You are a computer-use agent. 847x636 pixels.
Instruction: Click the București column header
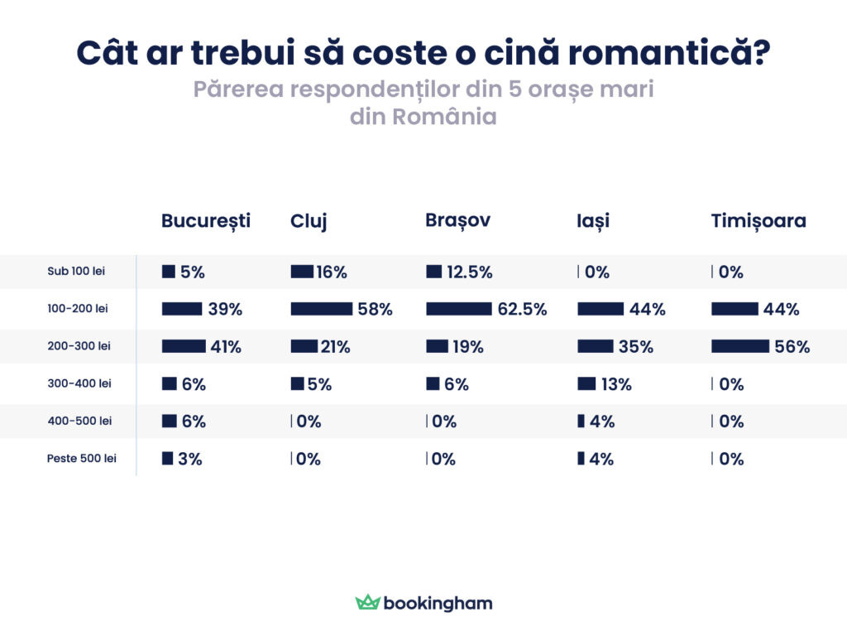(x=205, y=221)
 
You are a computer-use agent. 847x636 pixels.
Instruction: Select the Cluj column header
(x=309, y=221)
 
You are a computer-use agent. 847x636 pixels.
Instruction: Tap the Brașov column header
(x=457, y=220)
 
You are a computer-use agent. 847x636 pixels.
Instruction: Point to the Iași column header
(x=593, y=221)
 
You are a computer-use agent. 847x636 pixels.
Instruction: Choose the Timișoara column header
(x=758, y=221)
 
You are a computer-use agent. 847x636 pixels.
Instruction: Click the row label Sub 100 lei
(x=76, y=271)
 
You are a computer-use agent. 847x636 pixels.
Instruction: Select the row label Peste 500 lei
(x=81, y=459)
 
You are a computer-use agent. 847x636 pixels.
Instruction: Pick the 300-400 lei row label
(x=79, y=383)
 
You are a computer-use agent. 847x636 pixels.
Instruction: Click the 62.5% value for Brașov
(x=522, y=309)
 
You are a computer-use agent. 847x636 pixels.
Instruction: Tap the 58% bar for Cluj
(x=322, y=309)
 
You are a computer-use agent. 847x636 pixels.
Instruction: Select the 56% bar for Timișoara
(x=740, y=346)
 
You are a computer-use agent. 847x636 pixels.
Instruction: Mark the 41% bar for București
(x=184, y=346)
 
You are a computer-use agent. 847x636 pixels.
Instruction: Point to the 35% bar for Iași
(x=596, y=346)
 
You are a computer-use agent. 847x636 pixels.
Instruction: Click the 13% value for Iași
(x=616, y=384)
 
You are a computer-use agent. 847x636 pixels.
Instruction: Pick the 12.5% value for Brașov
(x=469, y=272)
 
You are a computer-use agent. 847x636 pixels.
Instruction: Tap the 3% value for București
(x=189, y=459)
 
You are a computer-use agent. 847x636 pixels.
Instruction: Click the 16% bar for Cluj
(x=302, y=272)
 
